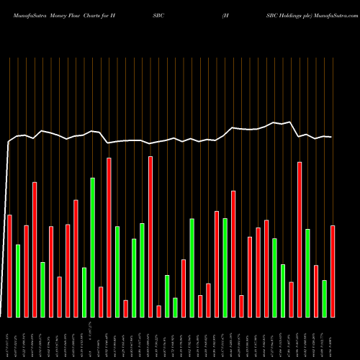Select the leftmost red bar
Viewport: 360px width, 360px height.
(9, 266)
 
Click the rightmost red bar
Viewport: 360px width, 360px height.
(333, 271)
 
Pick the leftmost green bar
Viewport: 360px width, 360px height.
(18, 281)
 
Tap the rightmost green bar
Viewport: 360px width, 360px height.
(325, 298)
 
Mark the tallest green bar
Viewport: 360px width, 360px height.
(92, 247)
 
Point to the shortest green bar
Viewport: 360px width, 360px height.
(175, 307)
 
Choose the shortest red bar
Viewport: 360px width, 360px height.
(158, 311)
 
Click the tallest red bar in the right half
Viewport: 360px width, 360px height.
(300, 239)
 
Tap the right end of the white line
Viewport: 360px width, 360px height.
(332, 137)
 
